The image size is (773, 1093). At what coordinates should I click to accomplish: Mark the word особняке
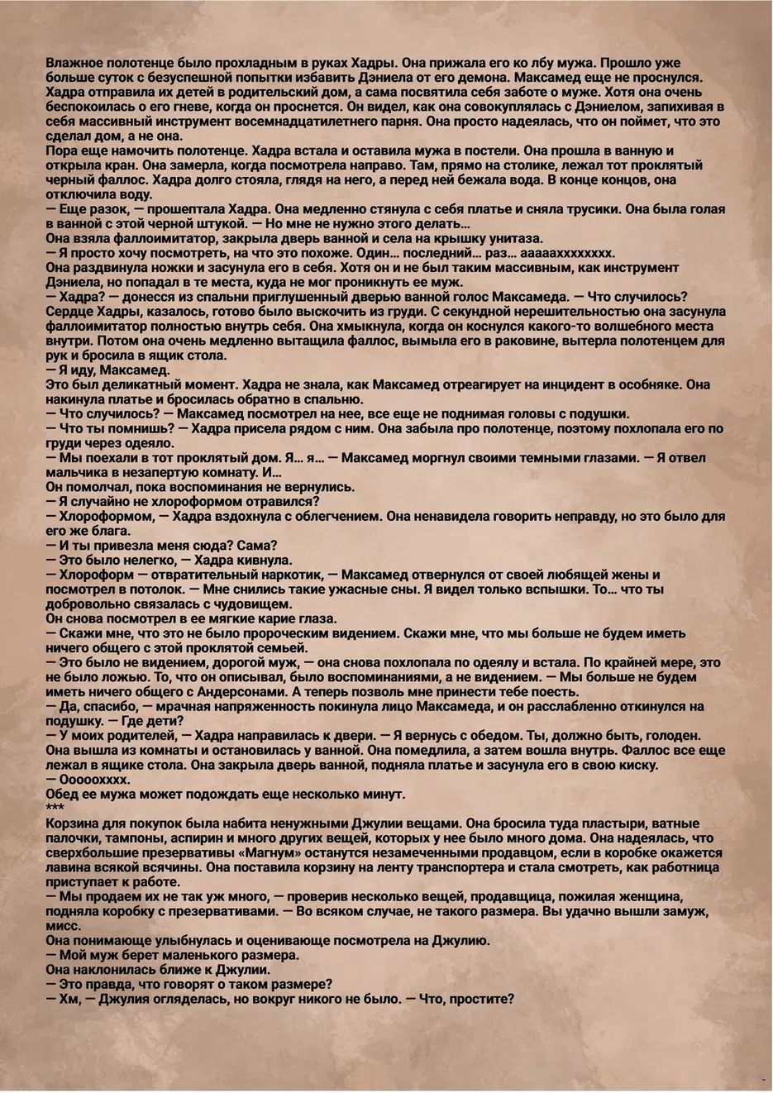[x=664, y=384]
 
